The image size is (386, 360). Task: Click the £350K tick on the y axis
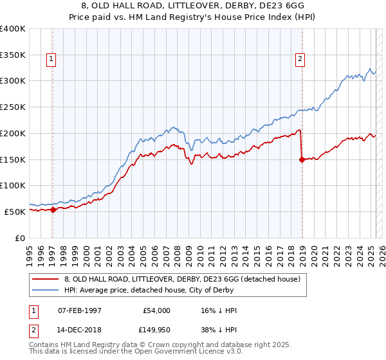tap(13, 55)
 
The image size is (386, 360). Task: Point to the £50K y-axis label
tap(15, 212)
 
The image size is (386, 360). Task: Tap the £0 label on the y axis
tap(20, 238)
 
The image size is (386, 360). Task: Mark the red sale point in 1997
tap(53, 210)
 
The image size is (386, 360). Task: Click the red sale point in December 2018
tap(301, 160)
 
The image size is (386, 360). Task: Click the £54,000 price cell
tap(156, 310)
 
